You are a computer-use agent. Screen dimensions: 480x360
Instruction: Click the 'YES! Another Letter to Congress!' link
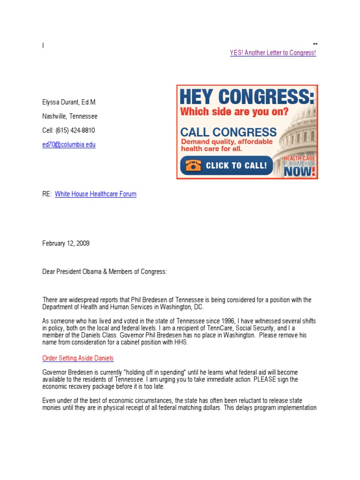(273, 53)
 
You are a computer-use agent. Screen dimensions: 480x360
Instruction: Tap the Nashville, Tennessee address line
(70, 116)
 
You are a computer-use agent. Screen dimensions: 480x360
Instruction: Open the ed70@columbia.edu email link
(69, 145)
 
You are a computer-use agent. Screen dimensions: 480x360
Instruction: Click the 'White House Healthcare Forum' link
(96, 194)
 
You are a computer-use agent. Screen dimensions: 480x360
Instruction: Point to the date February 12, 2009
(66, 243)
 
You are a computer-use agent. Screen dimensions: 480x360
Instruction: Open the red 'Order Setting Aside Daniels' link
(78, 359)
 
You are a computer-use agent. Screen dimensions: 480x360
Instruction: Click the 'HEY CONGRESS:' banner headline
(247, 97)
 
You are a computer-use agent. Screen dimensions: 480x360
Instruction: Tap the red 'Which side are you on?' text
(234, 112)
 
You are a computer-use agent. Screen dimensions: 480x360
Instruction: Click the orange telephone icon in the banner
(192, 165)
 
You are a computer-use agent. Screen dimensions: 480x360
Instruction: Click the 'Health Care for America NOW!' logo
(300, 166)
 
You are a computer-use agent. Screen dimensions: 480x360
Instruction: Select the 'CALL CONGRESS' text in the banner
(228, 132)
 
